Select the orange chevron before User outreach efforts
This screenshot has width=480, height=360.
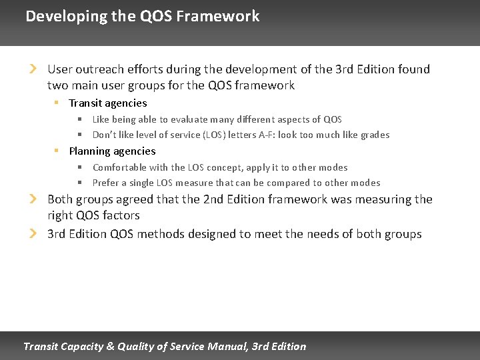[x=33, y=69]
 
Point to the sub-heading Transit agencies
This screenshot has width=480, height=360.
[x=108, y=103]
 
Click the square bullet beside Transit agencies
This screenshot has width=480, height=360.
[x=57, y=103]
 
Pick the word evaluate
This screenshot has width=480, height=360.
[x=191, y=119]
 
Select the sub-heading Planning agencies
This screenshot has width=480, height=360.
[x=112, y=151]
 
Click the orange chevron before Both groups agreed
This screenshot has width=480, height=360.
[x=33, y=199]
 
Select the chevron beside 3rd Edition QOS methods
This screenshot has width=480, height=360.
[x=33, y=233]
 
